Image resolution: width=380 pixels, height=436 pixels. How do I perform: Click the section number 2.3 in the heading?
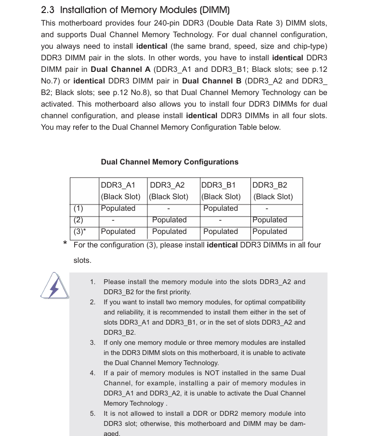tap(48, 10)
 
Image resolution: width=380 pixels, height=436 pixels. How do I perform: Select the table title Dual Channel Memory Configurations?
tap(170, 162)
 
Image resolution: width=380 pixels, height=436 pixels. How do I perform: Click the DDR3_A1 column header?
tap(118, 185)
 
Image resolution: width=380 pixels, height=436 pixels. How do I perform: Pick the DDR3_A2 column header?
tap(167, 185)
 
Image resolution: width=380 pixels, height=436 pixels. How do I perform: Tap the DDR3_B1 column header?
tap(219, 185)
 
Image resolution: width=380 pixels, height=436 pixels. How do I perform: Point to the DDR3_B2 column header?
tap(270, 185)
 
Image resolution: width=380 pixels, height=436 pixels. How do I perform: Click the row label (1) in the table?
tap(78, 208)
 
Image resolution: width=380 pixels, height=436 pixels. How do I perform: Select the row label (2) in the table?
tap(78, 220)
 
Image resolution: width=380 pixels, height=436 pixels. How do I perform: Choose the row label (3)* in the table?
tap(79, 232)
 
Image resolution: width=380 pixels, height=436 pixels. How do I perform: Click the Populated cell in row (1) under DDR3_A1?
tap(118, 208)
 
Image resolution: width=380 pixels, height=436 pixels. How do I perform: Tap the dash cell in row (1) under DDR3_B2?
tap(266, 209)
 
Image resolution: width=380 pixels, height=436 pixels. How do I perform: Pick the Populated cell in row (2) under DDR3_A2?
tap(170, 220)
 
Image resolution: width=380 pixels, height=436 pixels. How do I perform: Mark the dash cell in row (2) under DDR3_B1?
tap(220, 220)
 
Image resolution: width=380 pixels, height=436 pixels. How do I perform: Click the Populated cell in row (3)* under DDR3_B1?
tap(221, 232)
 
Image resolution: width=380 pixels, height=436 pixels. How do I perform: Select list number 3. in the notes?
tap(92, 342)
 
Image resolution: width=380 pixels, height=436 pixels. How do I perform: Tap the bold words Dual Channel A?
tap(120, 69)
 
